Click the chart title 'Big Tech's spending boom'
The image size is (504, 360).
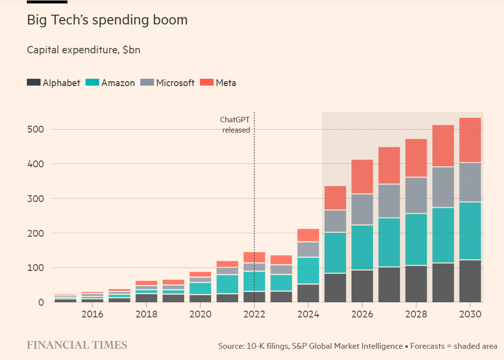click(107, 21)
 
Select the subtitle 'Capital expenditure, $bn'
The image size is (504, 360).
click(84, 50)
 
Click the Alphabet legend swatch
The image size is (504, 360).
click(33, 83)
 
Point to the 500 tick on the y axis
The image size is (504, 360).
click(37, 130)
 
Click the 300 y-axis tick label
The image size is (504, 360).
click(37, 199)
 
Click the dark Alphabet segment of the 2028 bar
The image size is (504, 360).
click(416, 284)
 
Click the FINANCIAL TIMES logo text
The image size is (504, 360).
click(77, 345)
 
